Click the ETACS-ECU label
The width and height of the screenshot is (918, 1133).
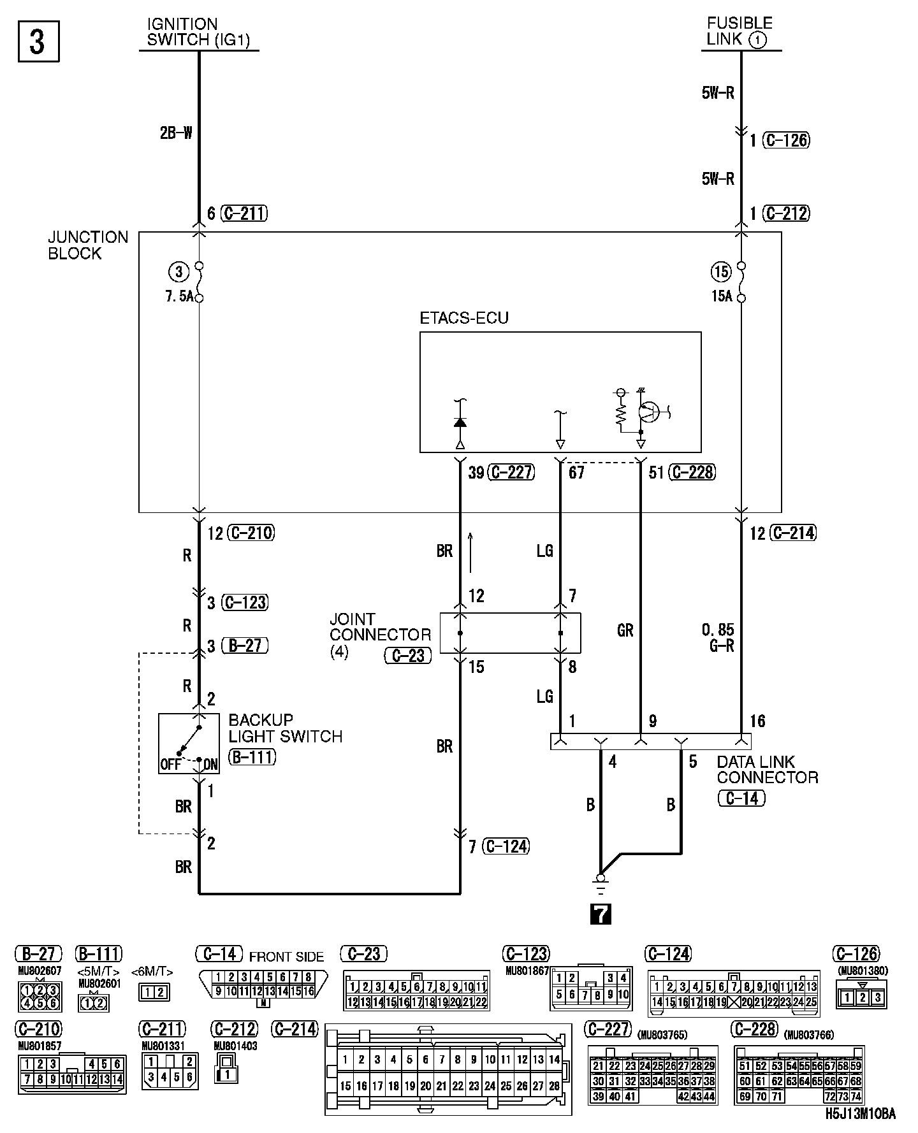click(x=464, y=318)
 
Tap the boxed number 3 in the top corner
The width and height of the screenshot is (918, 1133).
click(x=38, y=42)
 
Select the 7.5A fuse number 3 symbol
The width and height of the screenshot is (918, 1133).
click(x=199, y=282)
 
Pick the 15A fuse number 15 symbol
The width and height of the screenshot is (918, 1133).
click(x=741, y=282)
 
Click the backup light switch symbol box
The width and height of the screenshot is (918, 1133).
click(x=189, y=744)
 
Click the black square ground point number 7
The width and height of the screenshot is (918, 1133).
click(x=601, y=914)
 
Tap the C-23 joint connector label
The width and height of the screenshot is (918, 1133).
click(x=408, y=656)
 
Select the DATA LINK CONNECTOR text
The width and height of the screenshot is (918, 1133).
click(x=767, y=770)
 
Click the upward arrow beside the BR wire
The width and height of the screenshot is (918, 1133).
click(x=470, y=552)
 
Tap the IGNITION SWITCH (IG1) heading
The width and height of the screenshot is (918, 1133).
click(x=198, y=32)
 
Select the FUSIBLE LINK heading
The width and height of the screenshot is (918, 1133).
click(x=739, y=32)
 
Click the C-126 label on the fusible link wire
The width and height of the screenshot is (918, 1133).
click(x=787, y=140)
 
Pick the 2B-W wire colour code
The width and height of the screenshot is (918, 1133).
click(x=176, y=134)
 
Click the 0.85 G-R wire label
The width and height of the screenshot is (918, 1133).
click(x=718, y=638)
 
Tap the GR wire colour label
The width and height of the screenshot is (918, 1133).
click(x=625, y=630)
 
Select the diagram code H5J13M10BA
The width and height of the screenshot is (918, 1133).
click(x=860, y=1114)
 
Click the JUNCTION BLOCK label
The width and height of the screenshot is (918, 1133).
click(x=88, y=245)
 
